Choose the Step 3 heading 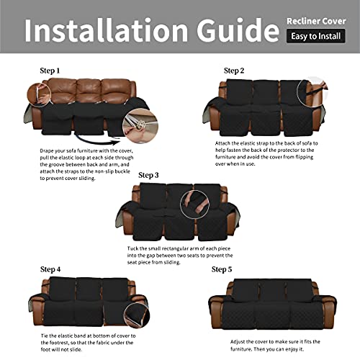pos(148,174)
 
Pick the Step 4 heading pos(29,270)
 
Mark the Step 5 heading pos(221,269)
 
